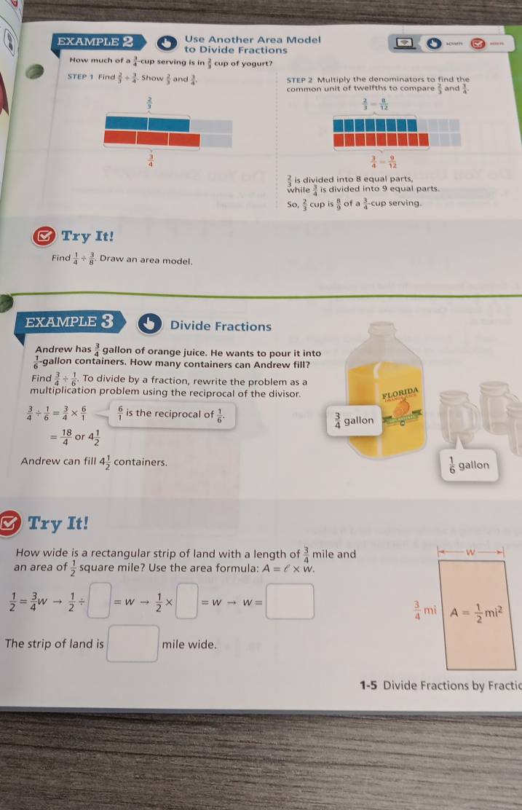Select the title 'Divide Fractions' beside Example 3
tap(220, 326)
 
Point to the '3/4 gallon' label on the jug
tap(354, 422)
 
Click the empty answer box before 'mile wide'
tap(133, 644)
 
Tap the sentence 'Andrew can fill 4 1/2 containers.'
tap(95, 462)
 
